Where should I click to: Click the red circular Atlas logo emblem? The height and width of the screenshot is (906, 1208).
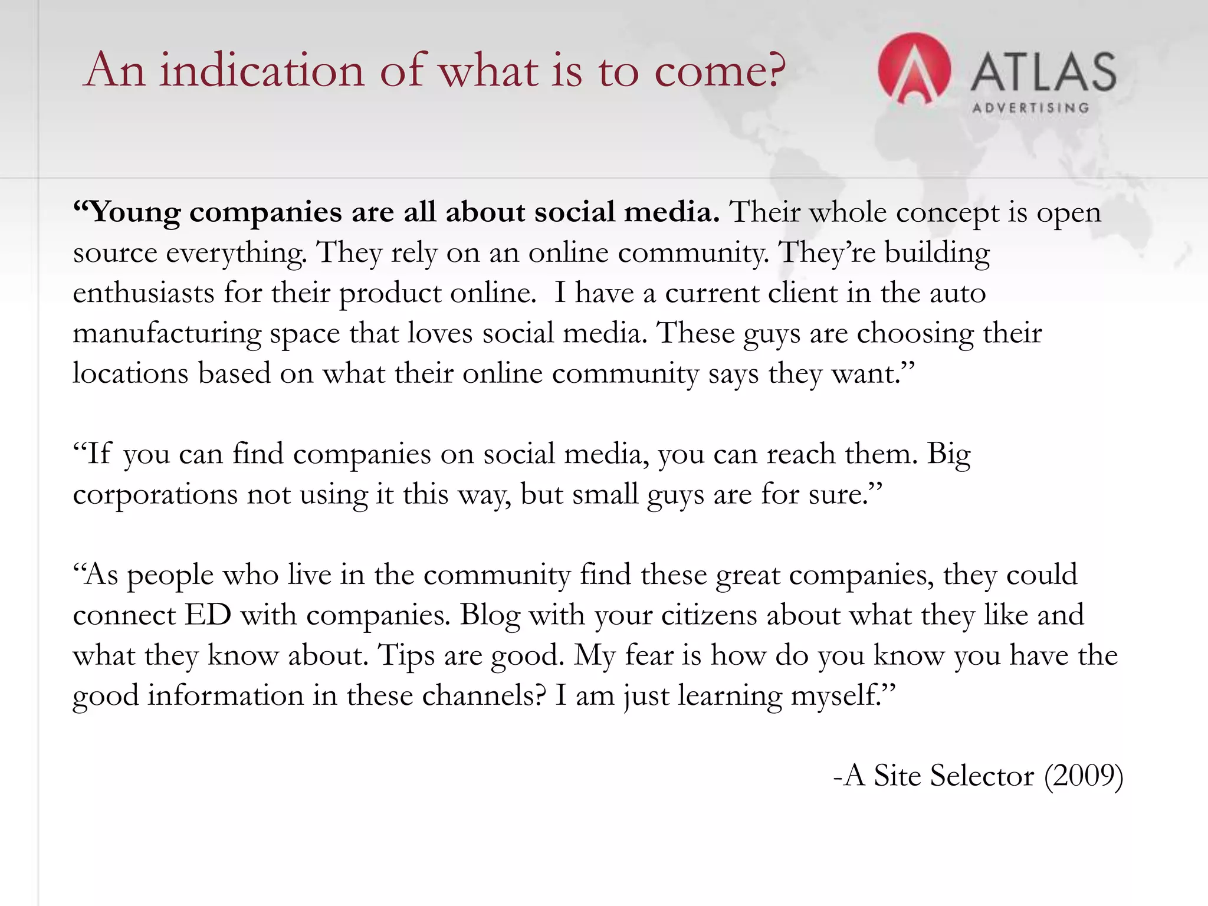pos(914,69)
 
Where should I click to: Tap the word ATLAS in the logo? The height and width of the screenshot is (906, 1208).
pos(1043,72)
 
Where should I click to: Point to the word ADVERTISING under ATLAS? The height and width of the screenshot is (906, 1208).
pos(1030,108)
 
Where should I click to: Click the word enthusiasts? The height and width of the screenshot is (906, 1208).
pos(143,293)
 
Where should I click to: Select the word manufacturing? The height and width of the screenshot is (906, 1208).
pos(167,334)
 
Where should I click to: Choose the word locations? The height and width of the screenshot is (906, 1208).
pos(130,374)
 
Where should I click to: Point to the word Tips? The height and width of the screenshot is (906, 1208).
pos(406,656)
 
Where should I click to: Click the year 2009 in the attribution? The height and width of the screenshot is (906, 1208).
pos(1084,776)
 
